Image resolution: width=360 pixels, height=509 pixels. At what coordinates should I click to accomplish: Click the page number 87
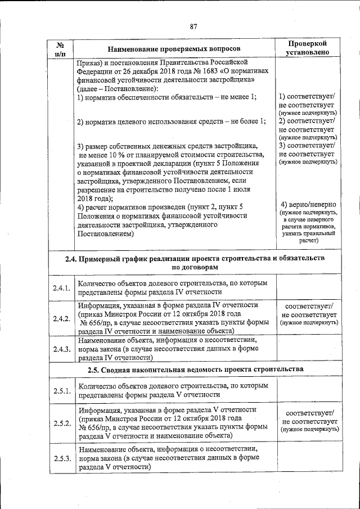point(193,26)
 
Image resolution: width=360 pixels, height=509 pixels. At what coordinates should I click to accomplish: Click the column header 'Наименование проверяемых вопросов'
point(174,49)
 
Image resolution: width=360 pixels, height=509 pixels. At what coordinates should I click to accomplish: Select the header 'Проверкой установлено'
point(307,48)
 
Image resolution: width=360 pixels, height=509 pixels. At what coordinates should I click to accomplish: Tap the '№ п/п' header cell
point(61,49)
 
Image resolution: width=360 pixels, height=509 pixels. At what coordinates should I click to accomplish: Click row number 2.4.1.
point(61,288)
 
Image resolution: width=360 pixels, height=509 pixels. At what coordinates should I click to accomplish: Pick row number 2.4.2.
point(61,319)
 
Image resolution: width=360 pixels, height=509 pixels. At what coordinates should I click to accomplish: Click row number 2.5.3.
point(61,458)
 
